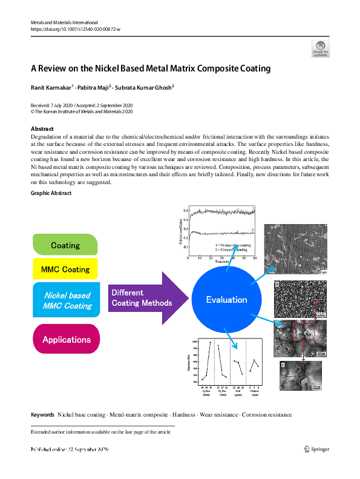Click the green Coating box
pyautogui.click(x=65, y=245)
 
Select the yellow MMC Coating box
pyautogui.click(x=65, y=269)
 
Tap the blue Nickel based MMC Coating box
pyautogui.click(x=67, y=300)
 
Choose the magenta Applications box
pyautogui.click(x=67, y=340)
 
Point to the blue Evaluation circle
pyautogui.click(x=226, y=299)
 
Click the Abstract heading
pyautogui.click(x=42, y=129)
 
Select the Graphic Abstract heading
pyautogui.click(x=51, y=193)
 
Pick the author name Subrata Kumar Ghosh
pyautogui.click(x=145, y=88)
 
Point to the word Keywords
pyautogui.click(x=42, y=415)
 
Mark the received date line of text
pyautogui.click(x=81, y=105)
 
